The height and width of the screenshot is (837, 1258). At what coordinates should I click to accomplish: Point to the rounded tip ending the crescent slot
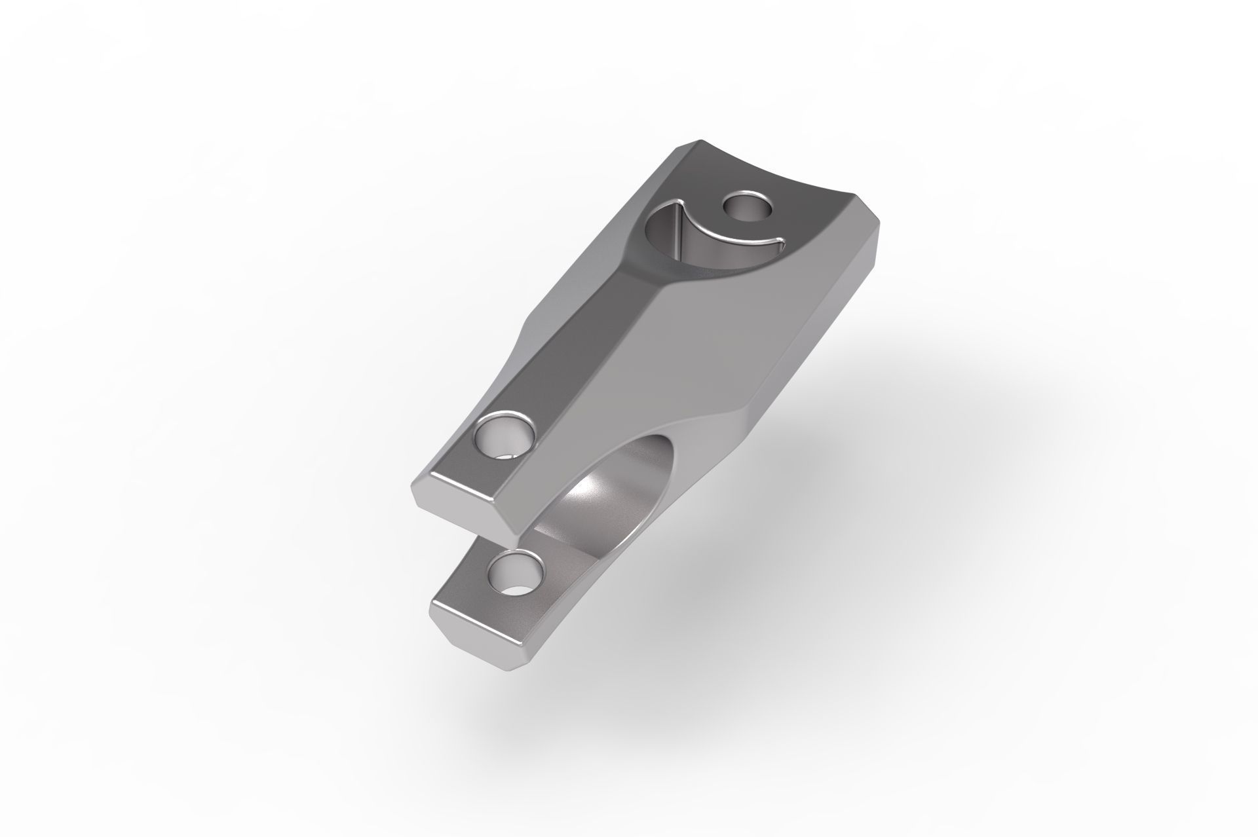coord(778,244)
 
